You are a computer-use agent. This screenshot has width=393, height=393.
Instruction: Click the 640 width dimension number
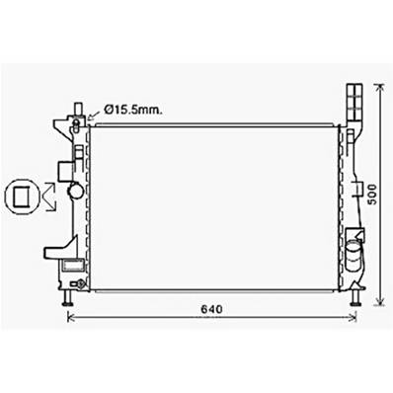click(x=211, y=307)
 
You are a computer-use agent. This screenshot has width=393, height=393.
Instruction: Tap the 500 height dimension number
click(x=372, y=196)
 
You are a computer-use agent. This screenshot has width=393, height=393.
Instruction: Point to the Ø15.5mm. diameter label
click(x=133, y=112)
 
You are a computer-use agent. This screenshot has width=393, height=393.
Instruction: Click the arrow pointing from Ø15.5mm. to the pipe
click(x=94, y=115)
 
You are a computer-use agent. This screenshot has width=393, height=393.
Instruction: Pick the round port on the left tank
click(x=73, y=192)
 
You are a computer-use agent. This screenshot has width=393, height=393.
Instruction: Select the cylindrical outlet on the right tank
click(x=353, y=260)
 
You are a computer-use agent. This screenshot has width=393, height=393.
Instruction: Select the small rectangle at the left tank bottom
click(x=72, y=265)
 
